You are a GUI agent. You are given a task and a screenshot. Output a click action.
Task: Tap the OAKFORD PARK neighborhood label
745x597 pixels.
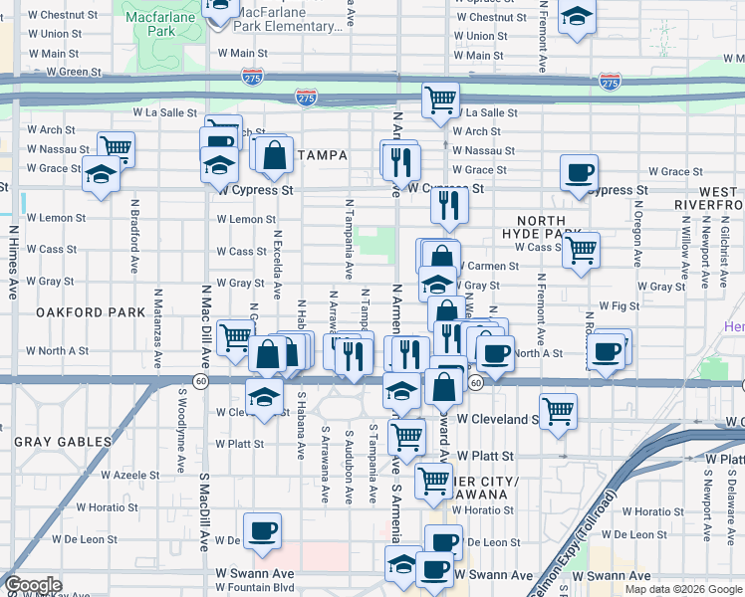[x=91, y=312]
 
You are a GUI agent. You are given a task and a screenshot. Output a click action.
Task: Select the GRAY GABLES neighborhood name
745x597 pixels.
[x=62, y=441]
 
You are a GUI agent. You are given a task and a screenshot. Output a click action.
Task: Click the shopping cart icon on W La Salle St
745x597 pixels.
[x=439, y=99]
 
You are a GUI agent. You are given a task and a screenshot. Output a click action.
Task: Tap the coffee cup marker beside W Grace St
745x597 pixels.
[x=578, y=173]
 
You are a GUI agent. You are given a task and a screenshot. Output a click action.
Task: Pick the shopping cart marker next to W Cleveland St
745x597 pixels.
[x=558, y=409]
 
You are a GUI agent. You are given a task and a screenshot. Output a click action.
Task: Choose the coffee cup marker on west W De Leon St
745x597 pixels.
[x=262, y=530]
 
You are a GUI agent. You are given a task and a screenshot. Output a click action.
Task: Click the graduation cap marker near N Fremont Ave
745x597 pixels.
[x=576, y=17]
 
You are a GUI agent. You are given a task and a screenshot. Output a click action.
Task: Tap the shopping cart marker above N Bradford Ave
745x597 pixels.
[x=116, y=148]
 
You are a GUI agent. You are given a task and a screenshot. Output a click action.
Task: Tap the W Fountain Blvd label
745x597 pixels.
[x=254, y=588]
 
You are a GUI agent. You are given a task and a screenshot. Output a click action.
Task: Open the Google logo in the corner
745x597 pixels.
[x=33, y=586]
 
